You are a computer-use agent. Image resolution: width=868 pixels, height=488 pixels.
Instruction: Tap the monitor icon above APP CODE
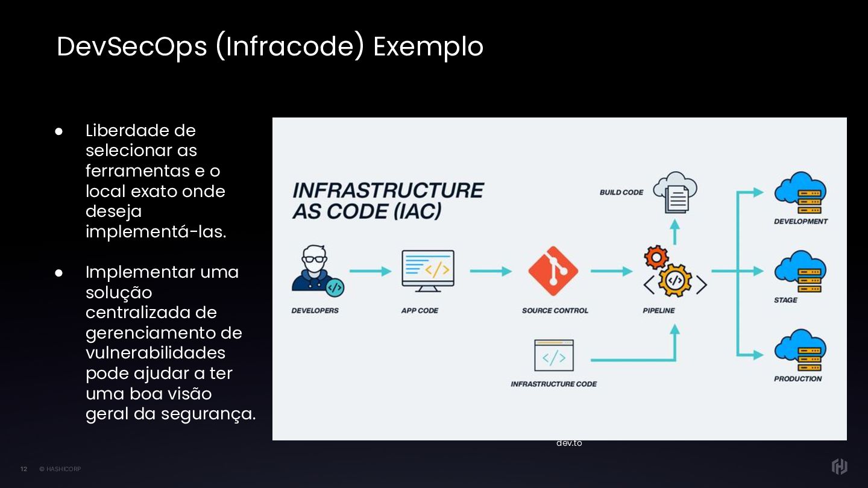(428, 271)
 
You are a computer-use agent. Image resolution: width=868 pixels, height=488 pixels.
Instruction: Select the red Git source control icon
(553, 271)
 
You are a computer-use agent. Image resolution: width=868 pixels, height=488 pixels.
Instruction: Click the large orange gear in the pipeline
(675, 281)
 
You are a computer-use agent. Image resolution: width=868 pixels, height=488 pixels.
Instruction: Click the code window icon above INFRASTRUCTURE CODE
(553, 355)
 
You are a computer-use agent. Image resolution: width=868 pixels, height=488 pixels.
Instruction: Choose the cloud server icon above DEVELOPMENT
(800, 193)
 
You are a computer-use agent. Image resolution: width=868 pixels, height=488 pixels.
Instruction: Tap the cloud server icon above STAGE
(800, 272)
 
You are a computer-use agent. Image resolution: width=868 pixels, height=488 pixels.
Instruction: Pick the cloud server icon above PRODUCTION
(800, 350)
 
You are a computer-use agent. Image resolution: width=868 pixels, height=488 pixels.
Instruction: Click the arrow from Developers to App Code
(370, 271)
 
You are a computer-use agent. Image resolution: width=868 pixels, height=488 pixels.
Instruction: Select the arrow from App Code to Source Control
(491, 271)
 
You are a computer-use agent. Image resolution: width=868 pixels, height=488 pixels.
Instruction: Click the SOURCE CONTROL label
(555, 311)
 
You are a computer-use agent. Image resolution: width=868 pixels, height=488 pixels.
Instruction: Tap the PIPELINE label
(659, 311)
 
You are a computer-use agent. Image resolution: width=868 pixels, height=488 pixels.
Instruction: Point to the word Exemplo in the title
(428, 47)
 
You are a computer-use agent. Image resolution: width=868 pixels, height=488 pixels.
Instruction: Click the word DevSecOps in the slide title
(131, 47)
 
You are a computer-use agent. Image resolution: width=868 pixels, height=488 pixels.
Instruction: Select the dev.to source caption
(569, 443)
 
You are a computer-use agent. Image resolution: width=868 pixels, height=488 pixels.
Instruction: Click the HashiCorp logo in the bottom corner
(839, 466)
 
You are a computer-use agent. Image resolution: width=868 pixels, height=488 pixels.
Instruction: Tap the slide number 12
(24, 469)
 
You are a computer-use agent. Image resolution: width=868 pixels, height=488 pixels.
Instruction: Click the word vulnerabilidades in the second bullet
(156, 353)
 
